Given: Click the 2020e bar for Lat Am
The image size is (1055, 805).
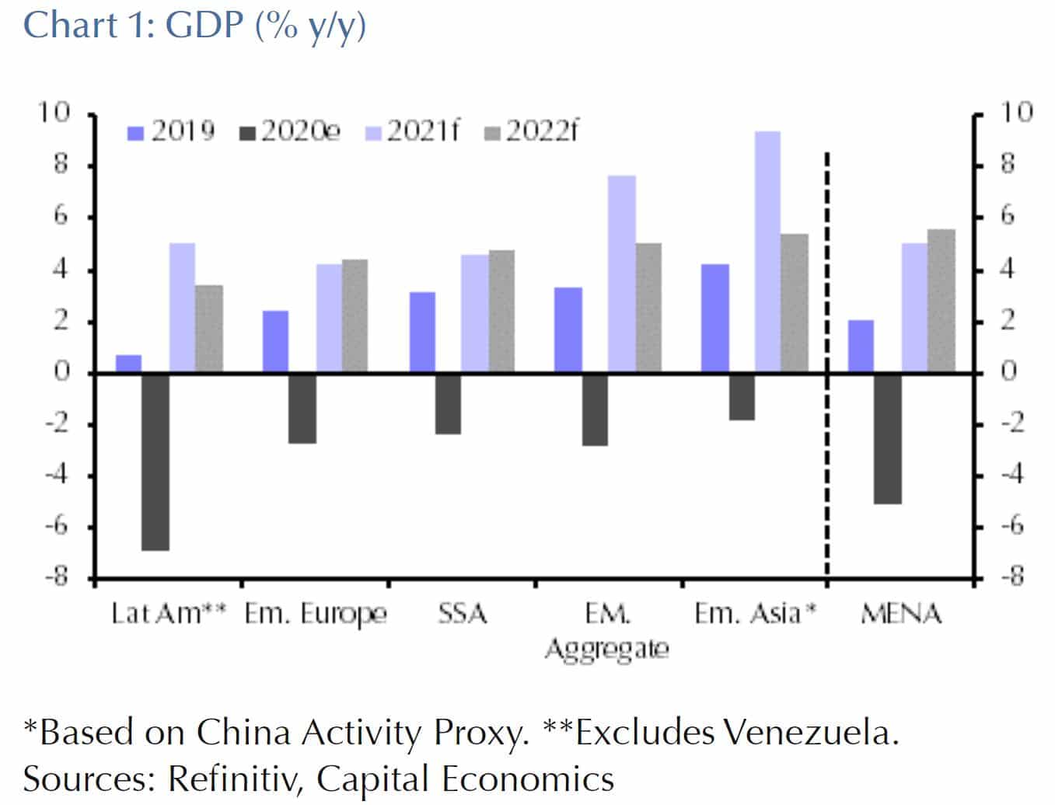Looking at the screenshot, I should tap(155, 462).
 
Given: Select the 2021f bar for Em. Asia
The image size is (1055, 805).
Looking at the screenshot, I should tap(767, 253).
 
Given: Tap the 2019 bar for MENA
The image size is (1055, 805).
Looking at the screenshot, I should tap(861, 347).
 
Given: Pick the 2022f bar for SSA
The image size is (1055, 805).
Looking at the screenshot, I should tap(501, 312).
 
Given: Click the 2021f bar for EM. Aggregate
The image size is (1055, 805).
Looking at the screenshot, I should tap(621, 274).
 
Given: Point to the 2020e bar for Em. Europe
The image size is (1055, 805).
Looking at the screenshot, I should tap(302, 409).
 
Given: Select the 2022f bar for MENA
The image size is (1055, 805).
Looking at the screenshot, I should tap(941, 301).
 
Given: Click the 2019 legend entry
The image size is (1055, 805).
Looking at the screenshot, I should tap(171, 131).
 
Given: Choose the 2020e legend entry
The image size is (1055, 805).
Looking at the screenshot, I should tap(291, 131).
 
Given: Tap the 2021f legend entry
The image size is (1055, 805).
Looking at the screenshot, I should tap(413, 131).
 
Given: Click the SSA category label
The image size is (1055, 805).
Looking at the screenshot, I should tap(463, 614).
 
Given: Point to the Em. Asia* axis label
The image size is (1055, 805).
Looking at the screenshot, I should tap(755, 614).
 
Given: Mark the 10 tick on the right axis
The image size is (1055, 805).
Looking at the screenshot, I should tap(1015, 113).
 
